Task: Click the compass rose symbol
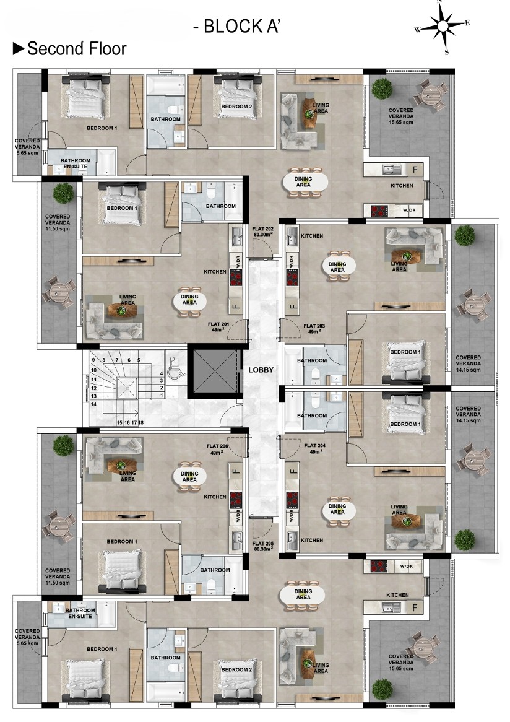[x=443, y=27]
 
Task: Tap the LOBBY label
[x=261, y=369]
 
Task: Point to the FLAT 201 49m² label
[x=218, y=327]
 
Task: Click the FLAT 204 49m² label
[x=315, y=448]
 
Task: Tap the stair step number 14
[x=93, y=404]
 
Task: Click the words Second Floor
[x=77, y=49]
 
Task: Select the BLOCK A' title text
[x=236, y=26]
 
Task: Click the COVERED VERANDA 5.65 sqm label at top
[x=27, y=147]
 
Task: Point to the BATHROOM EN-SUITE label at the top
[x=76, y=163]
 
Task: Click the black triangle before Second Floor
[x=19, y=49]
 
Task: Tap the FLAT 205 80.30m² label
[x=263, y=546]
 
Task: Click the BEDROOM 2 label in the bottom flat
[x=236, y=669]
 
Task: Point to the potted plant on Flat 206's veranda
[x=63, y=446]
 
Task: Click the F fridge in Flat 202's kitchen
[x=415, y=170]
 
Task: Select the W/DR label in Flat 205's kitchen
[x=407, y=567]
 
